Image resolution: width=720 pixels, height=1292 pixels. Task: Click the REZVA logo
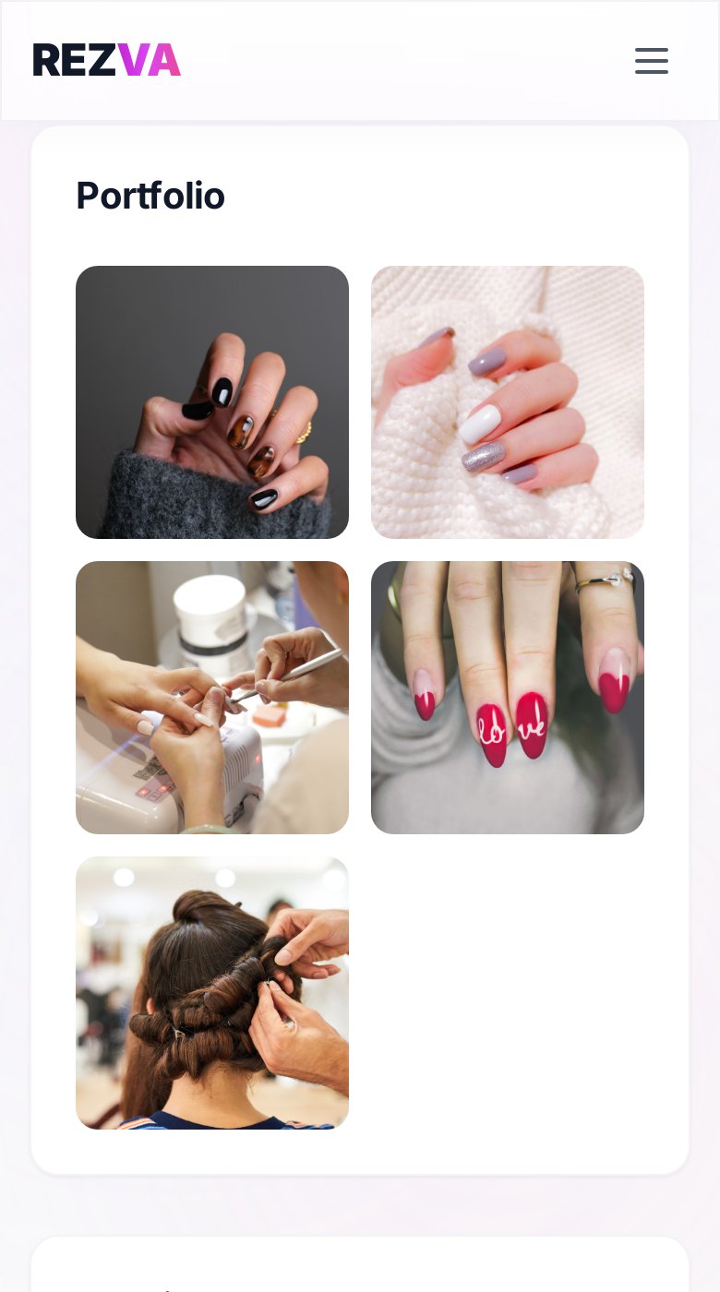pos(107,60)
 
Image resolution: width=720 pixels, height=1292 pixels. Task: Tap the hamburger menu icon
pos(652,61)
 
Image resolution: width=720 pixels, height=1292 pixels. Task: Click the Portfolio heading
pos(150,196)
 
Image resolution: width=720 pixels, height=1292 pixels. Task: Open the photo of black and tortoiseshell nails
pos(212,402)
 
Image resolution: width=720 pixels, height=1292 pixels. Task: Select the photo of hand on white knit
pos(508,402)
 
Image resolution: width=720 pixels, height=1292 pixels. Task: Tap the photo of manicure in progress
pos(212,698)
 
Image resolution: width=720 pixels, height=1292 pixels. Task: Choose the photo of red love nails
pos(508,698)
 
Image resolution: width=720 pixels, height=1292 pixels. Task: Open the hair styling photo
pos(212,993)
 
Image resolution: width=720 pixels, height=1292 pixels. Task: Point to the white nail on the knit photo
pos(480,424)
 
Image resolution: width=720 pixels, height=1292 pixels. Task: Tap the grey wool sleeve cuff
pos(213,497)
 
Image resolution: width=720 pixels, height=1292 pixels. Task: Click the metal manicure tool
pos(288,675)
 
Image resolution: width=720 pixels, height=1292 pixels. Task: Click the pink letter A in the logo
pos(164,60)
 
